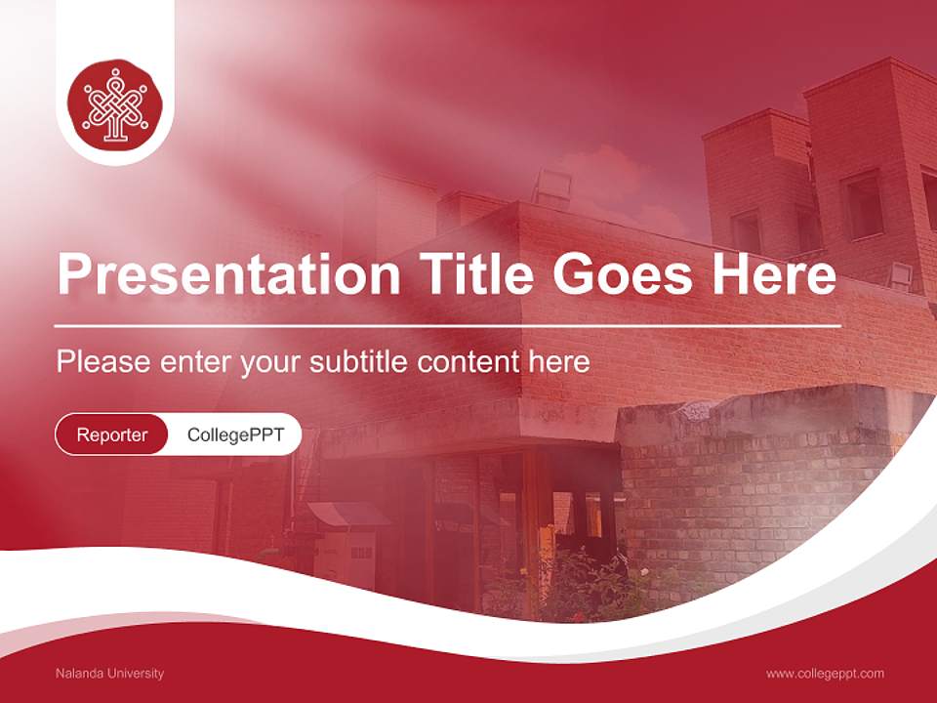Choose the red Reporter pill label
pyautogui.click(x=112, y=434)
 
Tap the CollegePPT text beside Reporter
pyautogui.click(x=235, y=434)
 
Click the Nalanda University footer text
pyautogui.click(x=109, y=673)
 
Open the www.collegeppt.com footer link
pyautogui.click(x=825, y=673)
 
